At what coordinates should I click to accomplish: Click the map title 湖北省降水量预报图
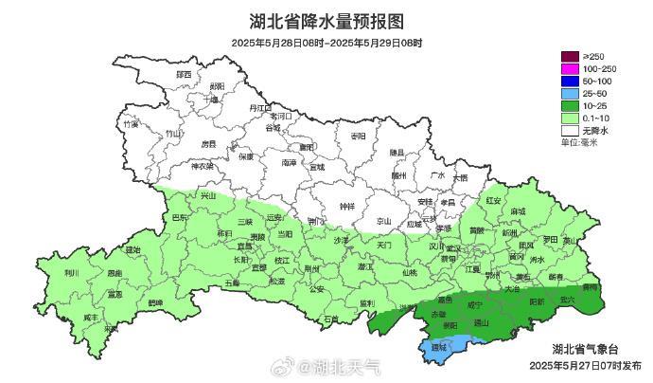(326, 21)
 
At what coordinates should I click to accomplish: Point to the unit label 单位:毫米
(579, 142)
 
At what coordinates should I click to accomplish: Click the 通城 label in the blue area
(437, 348)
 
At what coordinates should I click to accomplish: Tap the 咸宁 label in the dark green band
(475, 305)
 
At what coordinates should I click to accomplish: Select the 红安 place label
(493, 200)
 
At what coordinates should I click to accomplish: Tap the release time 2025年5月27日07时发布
(587, 364)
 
